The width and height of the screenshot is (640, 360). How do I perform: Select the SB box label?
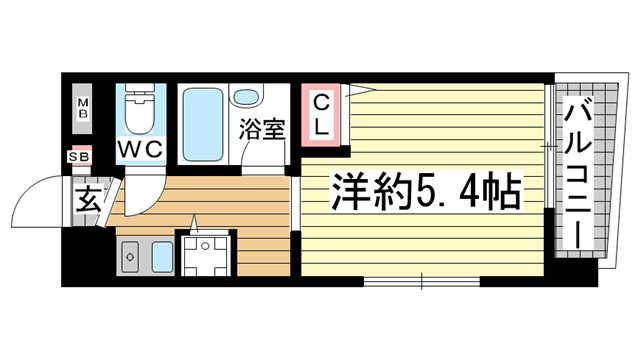pyautogui.click(x=78, y=156)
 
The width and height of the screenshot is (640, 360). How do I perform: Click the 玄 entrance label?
pyautogui.click(x=83, y=198)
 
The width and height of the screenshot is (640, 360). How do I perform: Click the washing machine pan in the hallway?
pyautogui.click(x=207, y=254)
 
